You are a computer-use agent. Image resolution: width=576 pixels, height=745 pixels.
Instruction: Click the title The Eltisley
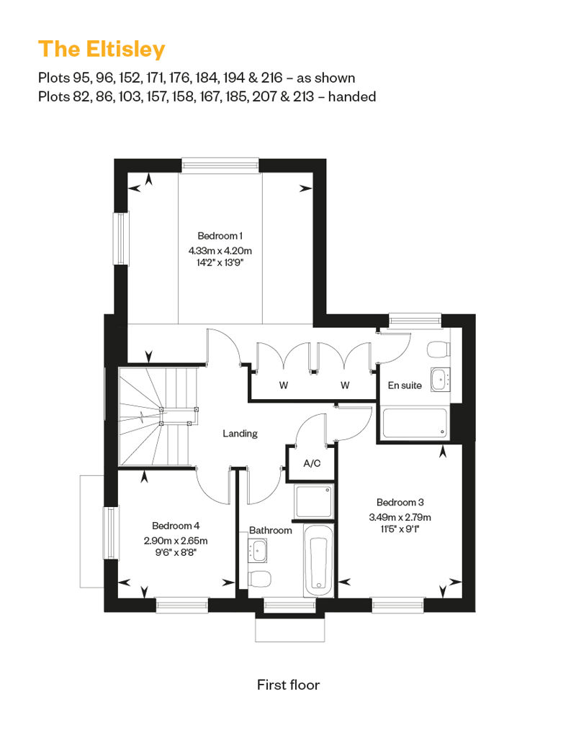pos(102,50)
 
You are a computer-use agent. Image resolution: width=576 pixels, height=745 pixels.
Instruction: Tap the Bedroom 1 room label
pos(220,236)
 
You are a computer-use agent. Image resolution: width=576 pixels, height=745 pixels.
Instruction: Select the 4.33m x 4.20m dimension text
pos(220,250)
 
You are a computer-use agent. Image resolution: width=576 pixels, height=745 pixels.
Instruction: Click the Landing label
pos(240,434)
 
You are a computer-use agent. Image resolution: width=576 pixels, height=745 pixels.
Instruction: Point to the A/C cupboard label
pos(312,463)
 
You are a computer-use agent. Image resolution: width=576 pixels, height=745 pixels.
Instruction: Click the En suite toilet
pos(438,350)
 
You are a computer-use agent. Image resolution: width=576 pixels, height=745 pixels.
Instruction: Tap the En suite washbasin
pos(441,380)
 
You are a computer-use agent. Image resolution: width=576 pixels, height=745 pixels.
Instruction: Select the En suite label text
pos(405,385)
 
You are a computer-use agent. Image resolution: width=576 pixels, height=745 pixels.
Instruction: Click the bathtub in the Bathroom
pos(319,561)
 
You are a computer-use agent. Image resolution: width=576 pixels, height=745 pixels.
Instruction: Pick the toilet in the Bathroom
pos(260,579)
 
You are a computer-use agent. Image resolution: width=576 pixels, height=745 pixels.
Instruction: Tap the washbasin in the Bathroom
pos(257,550)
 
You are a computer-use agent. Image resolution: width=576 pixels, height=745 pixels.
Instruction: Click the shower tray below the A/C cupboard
pos(313,501)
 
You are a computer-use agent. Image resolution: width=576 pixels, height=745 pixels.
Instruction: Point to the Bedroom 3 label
pos(400,502)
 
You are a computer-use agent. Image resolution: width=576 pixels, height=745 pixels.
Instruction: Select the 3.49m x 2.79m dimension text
pos(400,517)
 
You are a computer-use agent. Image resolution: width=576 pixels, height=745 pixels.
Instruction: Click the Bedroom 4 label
pos(176,526)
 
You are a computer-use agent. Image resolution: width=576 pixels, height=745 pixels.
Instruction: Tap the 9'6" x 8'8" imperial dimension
pos(176,552)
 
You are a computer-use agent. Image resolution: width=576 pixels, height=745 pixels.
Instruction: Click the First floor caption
pos(288,685)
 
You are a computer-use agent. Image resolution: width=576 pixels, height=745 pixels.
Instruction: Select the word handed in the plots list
pos(352,96)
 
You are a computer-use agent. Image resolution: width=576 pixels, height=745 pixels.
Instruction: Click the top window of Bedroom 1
pos(221,165)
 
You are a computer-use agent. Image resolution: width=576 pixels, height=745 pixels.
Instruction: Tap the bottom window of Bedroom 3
pos(397,604)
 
